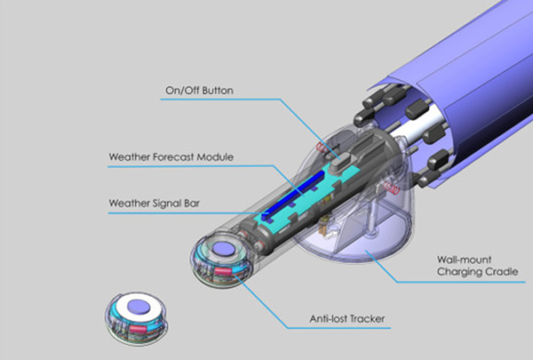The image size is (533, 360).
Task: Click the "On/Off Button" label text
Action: tap(199, 91)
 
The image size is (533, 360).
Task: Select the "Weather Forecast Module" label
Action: tap(171, 157)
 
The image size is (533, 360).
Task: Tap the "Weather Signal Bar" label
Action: tap(154, 204)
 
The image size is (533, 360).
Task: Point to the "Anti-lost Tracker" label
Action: tap(347, 319)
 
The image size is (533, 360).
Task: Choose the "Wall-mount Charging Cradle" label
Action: tap(478, 266)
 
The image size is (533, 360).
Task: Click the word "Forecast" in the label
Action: tap(174, 157)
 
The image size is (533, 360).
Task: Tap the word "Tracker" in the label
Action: tap(368, 319)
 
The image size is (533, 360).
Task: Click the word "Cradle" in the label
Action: tap(501, 272)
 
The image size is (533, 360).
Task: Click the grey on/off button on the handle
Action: tap(340, 160)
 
